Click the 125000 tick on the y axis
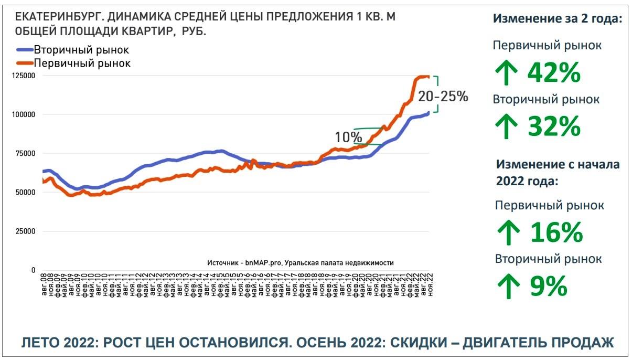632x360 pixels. tap(23, 76)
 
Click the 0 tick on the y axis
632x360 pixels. tap(33, 270)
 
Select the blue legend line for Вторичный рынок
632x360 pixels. tap(25, 50)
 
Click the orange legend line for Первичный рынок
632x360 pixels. tap(25, 63)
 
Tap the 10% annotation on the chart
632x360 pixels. tap(345, 137)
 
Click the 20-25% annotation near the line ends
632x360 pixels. tap(443, 97)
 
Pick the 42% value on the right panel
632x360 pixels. tap(554, 73)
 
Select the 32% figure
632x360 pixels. tap(554, 126)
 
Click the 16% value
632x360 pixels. tap(556, 232)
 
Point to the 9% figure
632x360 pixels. tap(548, 286)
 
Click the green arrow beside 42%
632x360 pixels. tap(507, 73)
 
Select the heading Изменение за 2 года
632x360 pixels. tap(557, 18)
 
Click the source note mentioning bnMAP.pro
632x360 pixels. tap(300, 263)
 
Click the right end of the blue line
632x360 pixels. tap(429, 112)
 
